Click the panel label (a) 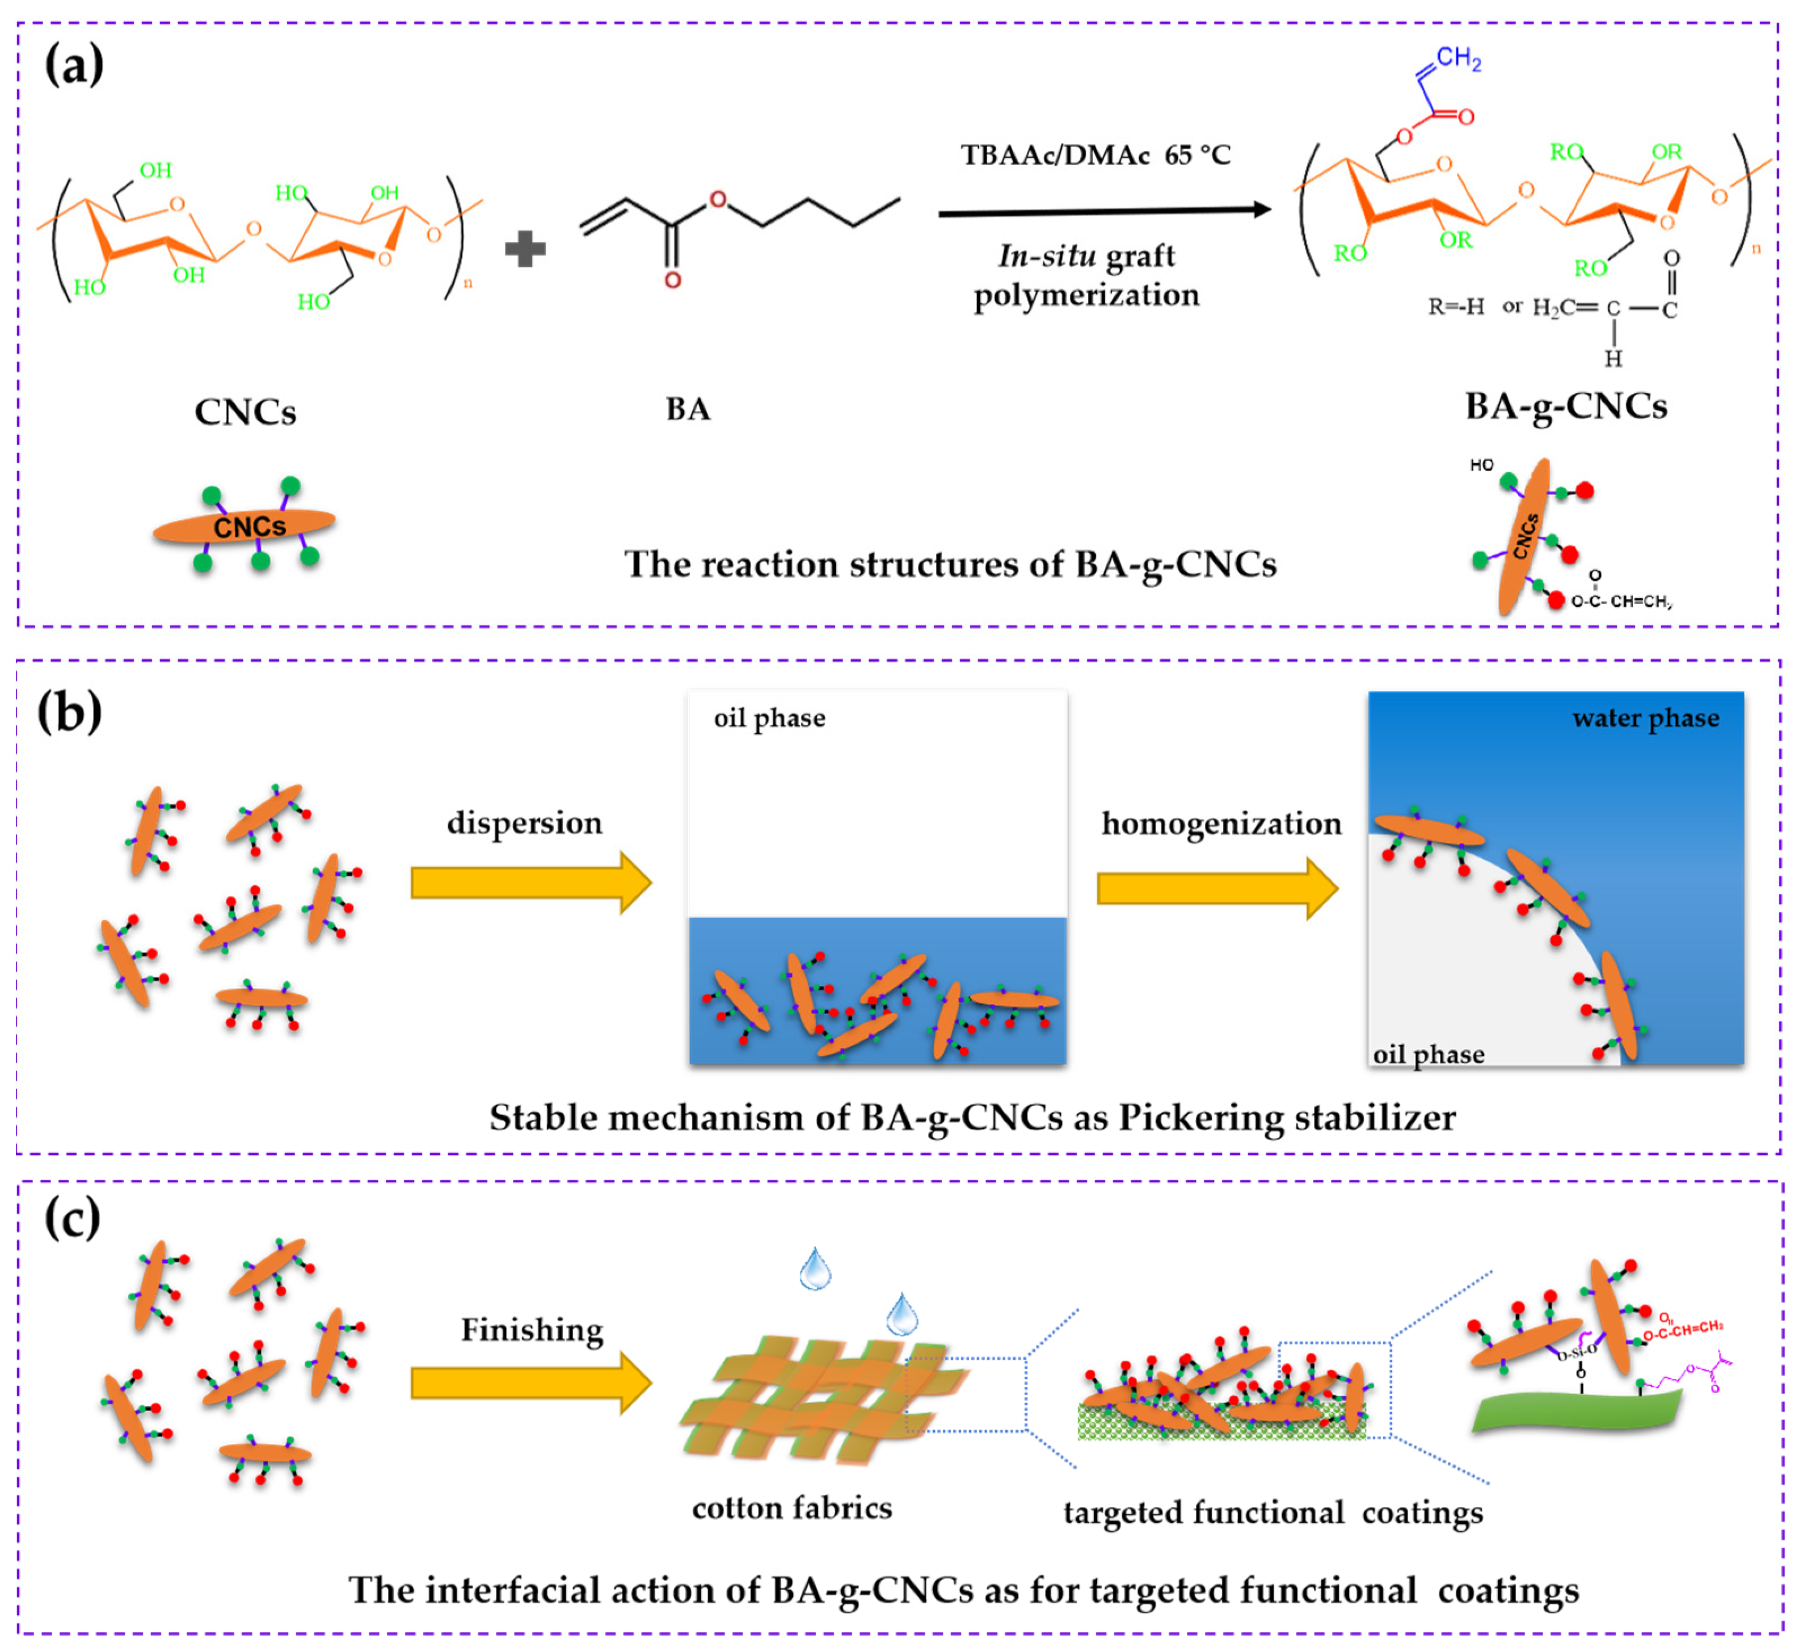[x=74, y=66]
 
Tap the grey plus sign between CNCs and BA [x=525, y=249]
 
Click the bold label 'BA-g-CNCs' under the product [x=1565, y=406]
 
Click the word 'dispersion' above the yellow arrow [x=525, y=822]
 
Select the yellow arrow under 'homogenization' [x=1216, y=888]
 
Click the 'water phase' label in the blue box [x=1645, y=719]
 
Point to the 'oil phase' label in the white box [x=769, y=719]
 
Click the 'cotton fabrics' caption [x=791, y=1508]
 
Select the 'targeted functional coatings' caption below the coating [x=1273, y=1512]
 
